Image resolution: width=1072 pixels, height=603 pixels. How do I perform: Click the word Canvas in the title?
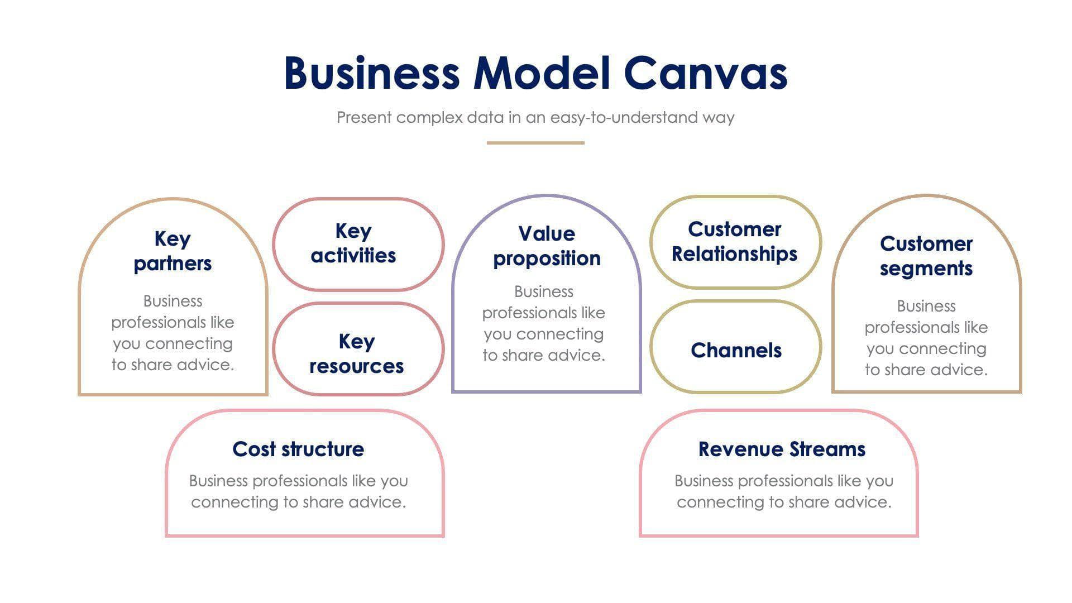pyautogui.click(x=705, y=74)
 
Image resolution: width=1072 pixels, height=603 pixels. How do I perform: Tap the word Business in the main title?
pyautogui.click(x=371, y=74)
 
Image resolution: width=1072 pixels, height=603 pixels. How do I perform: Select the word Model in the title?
pyautogui.click(x=542, y=74)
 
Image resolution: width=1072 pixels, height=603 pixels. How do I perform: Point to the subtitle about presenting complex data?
pyautogui.click(x=535, y=117)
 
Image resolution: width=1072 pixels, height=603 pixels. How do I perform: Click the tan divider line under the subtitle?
pyautogui.click(x=535, y=143)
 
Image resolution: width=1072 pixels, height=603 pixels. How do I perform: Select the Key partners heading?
pyautogui.click(x=173, y=251)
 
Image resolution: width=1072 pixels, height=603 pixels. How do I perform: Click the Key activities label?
pyautogui.click(x=353, y=243)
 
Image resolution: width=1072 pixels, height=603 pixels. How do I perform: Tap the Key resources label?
pyautogui.click(x=356, y=353)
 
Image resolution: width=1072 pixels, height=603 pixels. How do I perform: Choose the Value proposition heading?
pyautogui.click(x=546, y=246)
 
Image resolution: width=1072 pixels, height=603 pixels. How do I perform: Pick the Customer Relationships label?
pyautogui.click(x=734, y=241)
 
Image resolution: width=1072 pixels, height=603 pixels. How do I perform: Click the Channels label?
pyautogui.click(x=736, y=350)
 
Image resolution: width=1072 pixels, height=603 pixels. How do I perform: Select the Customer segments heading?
pyautogui.click(x=926, y=256)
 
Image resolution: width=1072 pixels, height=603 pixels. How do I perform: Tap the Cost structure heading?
pyautogui.click(x=298, y=449)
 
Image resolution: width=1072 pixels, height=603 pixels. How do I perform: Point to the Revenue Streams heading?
pyautogui.click(x=782, y=449)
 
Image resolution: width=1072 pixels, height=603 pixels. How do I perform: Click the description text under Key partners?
pyautogui.click(x=173, y=333)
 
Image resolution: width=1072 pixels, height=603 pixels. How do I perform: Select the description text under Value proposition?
pyautogui.click(x=544, y=323)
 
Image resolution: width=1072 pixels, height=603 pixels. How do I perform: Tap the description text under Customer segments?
pyautogui.click(x=926, y=338)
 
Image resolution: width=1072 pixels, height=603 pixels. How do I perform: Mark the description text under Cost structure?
pyautogui.click(x=298, y=491)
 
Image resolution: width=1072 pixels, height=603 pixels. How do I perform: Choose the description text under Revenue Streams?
pyautogui.click(x=784, y=491)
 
